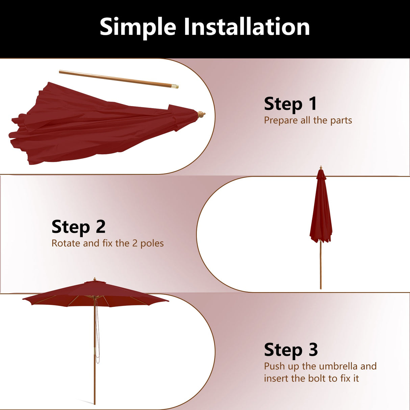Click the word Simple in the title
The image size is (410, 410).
(138, 27)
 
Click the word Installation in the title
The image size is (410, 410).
(247, 27)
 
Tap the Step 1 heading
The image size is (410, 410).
(290, 104)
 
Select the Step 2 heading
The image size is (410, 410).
(78, 227)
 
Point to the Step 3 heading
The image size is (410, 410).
(291, 350)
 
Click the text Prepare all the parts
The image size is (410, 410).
(308, 120)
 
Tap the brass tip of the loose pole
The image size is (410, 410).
(175, 87)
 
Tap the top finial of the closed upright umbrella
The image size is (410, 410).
(321, 167)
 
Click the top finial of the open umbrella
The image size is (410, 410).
(95, 279)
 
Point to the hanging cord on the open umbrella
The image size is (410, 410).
(98, 338)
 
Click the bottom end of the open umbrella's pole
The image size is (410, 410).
(95, 403)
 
